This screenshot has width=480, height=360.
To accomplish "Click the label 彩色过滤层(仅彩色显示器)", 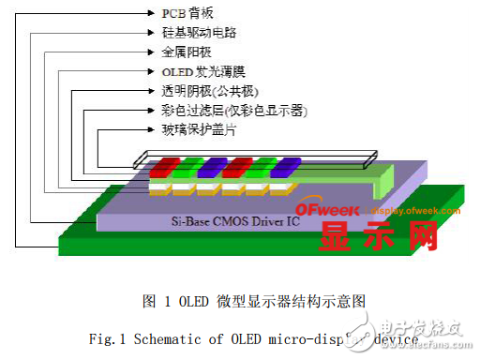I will (234, 112).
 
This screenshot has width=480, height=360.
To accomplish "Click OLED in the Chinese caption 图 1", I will (179, 300).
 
